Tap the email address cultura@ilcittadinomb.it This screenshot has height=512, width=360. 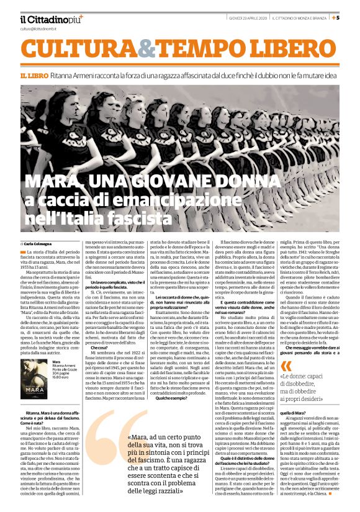click(x=38, y=29)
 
